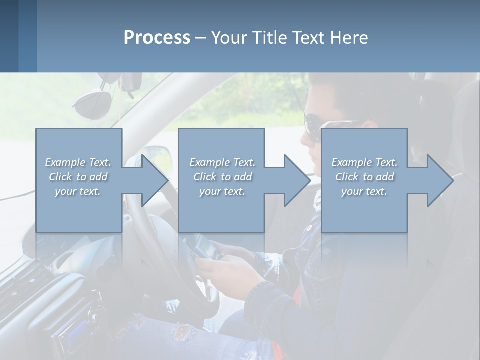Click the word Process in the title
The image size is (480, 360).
157,37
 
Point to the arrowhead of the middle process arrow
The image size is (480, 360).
296,180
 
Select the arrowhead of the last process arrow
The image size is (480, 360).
439,180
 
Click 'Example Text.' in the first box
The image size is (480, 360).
78,162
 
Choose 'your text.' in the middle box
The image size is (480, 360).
222,191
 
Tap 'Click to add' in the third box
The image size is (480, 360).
364,177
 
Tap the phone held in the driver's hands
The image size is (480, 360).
206,246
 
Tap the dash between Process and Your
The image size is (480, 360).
201,38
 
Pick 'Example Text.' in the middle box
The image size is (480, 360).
222,162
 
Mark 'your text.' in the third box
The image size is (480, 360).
364,191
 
